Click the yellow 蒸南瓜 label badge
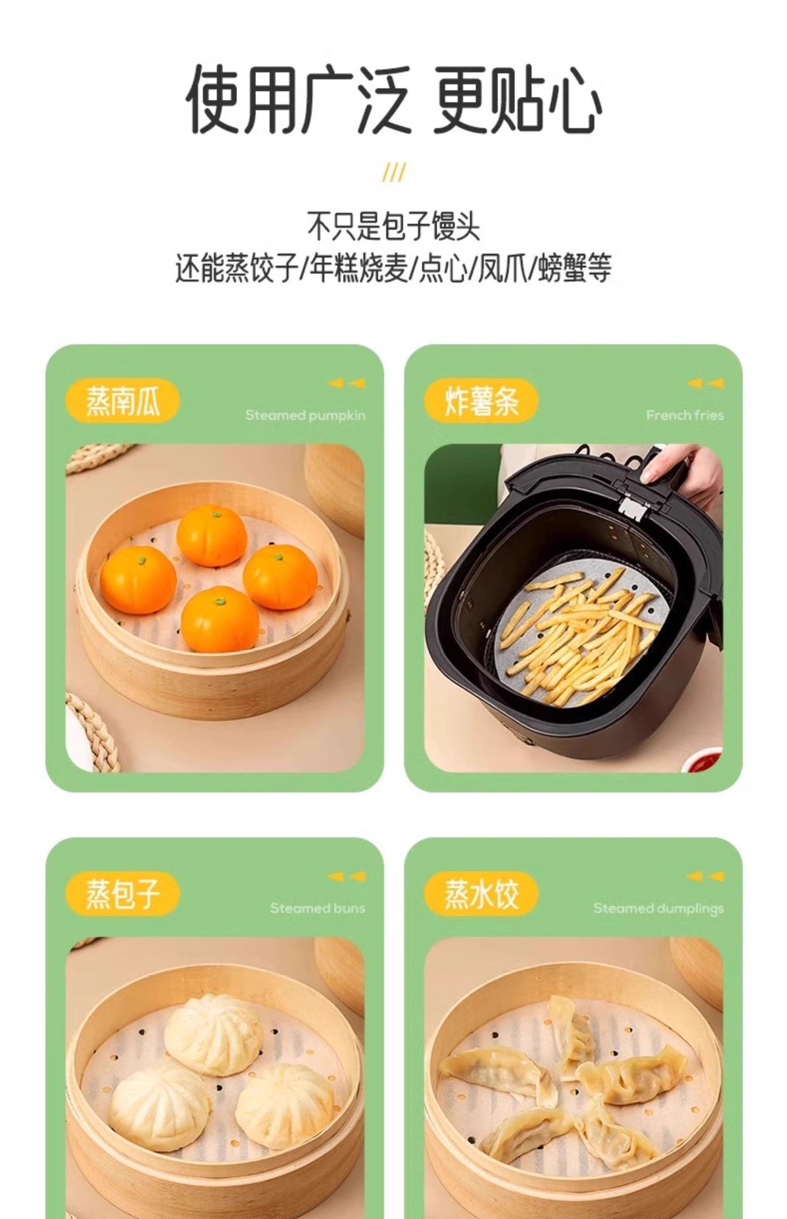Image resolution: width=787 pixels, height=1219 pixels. pyautogui.click(x=122, y=401)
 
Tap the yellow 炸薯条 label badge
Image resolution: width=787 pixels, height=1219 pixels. pyautogui.click(x=481, y=401)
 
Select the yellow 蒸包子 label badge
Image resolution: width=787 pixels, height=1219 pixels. pyautogui.click(x=122, y=894)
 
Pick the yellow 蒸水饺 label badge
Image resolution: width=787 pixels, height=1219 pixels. pyautogui.click(x=481, y=894)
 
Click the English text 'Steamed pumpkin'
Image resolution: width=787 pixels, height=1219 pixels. pyautogui.click(x=305, y=416)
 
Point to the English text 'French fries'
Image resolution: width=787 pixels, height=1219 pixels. pyautogui.click(x=685, y=415)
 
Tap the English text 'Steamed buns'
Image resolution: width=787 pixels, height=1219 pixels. pyautogui.click(x=317, y=908)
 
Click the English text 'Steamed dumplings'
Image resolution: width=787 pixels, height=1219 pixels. pyautogui.click(x=658, y=909)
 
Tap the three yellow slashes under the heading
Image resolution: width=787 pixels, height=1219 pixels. pyautogui.click(x=393, y=172)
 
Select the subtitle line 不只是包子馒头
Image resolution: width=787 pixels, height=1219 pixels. pyautogui.click(x=393, y=226)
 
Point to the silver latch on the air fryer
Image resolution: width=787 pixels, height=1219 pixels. pyautogui.click(x=631, y=507)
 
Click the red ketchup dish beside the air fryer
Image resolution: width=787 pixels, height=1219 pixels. pyautogui.click(x=703, y=759)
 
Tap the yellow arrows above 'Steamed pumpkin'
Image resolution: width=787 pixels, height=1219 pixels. pyautogui.click(x=347, y=383)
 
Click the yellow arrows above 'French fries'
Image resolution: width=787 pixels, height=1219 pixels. pyautogui.click(x=705, y=383)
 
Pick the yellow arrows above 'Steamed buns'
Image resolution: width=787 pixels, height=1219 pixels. pyautogui.click(x=347, y=876)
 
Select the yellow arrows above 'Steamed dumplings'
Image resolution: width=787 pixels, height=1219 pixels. pyautogui.click(x=705, y=876)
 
